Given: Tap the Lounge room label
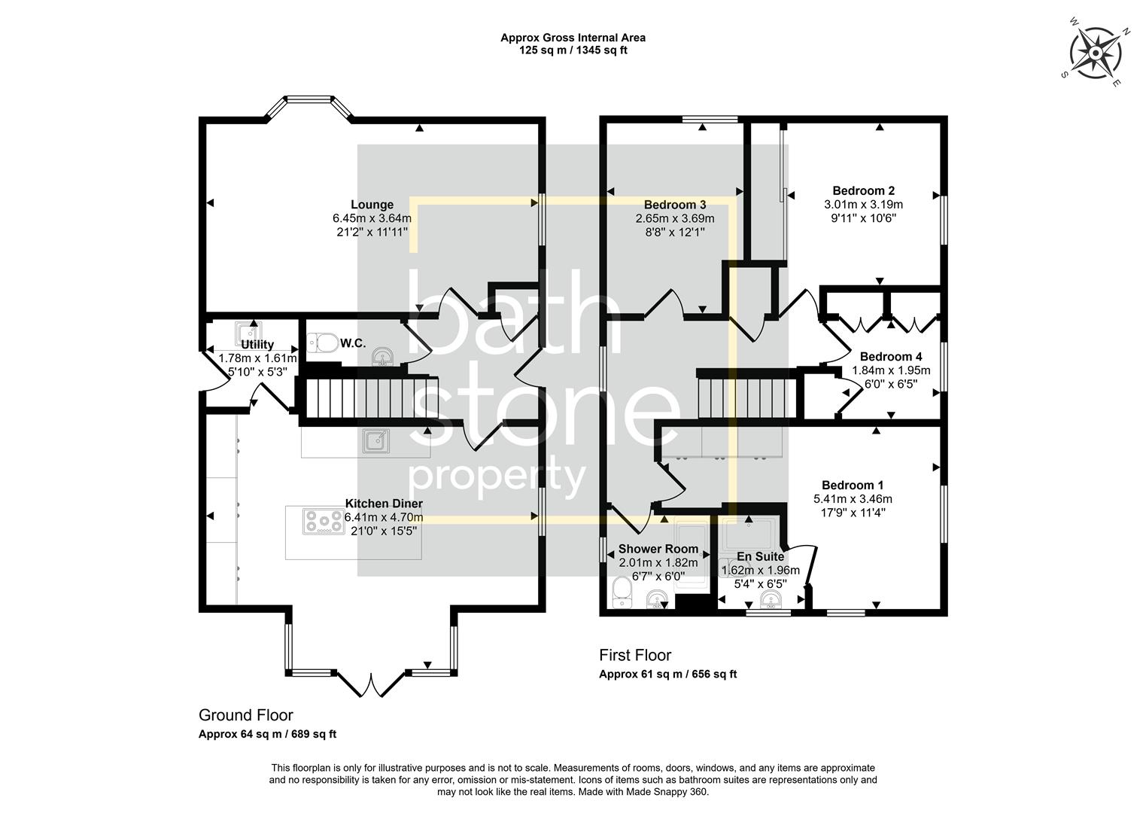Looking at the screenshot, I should [372, 205].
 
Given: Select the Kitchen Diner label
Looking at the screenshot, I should [384, 504].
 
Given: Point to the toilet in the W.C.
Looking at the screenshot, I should [323, 343].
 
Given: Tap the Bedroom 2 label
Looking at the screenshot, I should [863, 190].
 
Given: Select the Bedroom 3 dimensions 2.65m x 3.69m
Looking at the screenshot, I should [674, 219].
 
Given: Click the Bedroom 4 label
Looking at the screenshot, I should [891, 357].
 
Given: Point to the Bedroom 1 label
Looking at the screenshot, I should [852, 486].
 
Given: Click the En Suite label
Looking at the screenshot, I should [760, 557].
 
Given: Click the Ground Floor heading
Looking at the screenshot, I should [245, 715].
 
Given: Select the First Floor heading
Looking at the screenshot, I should [634, 655].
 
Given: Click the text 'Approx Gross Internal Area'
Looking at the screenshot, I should [573, 38].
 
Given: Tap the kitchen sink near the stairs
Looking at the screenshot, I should [375, 440].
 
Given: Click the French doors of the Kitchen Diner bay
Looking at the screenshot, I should [369, 685].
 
